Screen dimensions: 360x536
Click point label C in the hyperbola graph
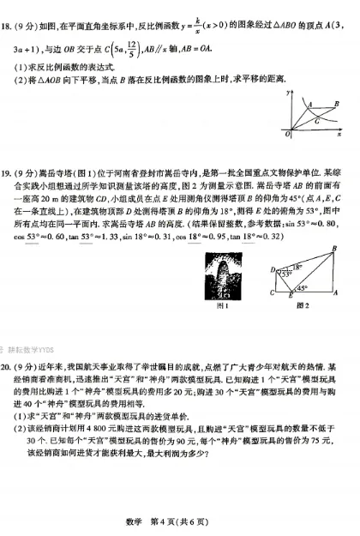point(318,121)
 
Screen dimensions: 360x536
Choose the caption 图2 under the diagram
point(299,305)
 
